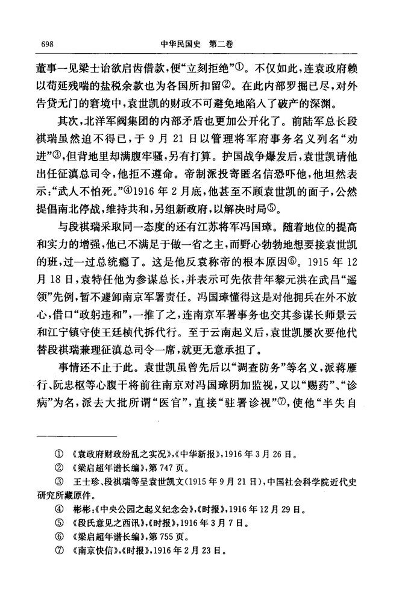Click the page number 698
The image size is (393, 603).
coord(48,43)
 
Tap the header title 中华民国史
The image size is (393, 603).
coord(181,43)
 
